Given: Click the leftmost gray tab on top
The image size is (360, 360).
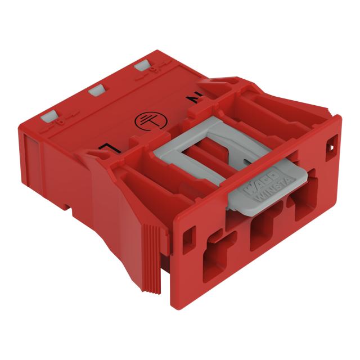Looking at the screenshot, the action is [49, 115].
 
